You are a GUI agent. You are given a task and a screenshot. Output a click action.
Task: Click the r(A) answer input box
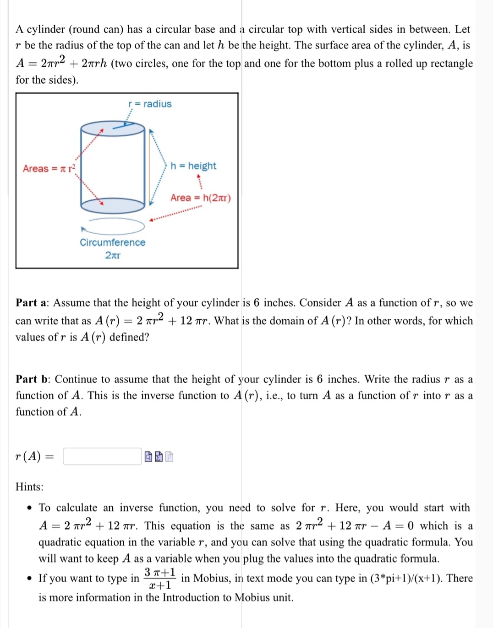click(102, 456)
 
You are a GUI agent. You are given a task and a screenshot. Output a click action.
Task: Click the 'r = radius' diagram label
click(150, 104)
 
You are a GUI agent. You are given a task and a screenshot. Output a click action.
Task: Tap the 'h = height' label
click(193, 166)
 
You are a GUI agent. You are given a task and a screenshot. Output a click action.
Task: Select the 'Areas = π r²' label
click(49, 168)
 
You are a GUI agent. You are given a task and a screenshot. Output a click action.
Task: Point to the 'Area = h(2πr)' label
click(201, 198)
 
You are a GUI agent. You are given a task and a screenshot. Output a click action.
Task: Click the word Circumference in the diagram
click(112, 242)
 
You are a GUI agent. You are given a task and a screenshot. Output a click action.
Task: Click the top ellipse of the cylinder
click(113, 129)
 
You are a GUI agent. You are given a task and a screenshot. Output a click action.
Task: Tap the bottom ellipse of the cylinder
click(113, 205)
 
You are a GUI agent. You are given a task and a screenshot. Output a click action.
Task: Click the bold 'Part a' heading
click(32, 303)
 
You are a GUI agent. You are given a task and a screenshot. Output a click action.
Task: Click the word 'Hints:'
click(29, 487)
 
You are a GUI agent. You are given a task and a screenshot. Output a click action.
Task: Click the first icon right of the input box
click(148, 456)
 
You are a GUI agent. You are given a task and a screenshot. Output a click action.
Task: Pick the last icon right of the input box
click(169, 456)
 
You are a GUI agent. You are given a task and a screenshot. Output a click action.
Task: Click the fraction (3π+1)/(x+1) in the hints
click(160, 579)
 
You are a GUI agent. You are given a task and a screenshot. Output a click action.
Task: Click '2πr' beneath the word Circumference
click(113, 255)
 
